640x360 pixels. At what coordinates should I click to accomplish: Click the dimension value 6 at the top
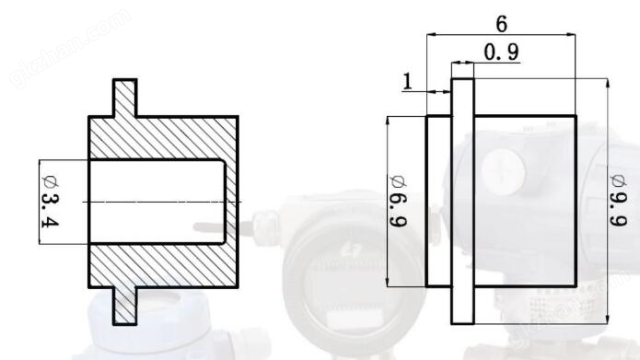(x=502, y=24)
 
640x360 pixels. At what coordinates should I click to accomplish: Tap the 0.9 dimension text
(x=502, y=52)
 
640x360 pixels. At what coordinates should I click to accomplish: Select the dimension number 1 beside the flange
(x=407, y=82)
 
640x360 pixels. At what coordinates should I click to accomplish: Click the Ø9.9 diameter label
(x=618, y=200)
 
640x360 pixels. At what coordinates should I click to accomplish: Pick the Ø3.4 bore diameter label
(x=51, y=201)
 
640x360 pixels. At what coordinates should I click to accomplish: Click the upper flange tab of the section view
(x=125, y=98)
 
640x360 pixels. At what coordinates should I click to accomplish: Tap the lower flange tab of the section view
(x=125, y=306)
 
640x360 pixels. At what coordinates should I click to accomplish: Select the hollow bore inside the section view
(x=157, y=202)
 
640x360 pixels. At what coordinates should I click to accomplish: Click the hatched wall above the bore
(x=163, y=138)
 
